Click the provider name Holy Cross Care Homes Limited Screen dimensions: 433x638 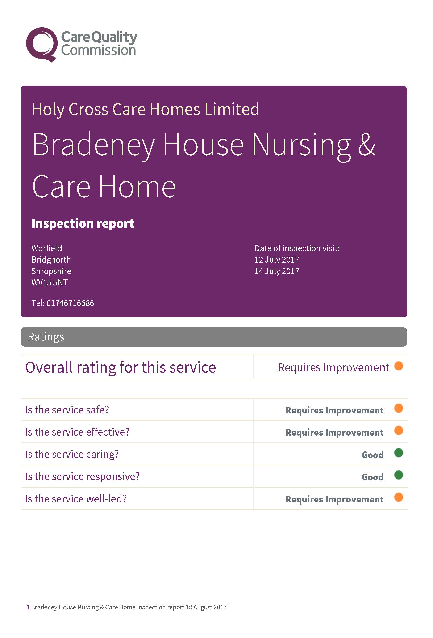coord(145,109)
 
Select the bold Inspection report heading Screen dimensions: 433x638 coord(83,223)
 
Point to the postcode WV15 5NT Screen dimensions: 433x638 coord(49,282)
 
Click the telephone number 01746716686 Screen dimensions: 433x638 coord(70,303)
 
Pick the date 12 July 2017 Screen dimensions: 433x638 coord(277,260)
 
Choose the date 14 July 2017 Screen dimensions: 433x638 coord(277,271)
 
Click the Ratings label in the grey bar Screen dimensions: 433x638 coord(46,337)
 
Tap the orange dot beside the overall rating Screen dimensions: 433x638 coord(398,366)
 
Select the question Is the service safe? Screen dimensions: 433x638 coord(67,410)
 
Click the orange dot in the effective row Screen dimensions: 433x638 coord(398,430)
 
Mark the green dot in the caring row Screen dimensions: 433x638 coord(398,453)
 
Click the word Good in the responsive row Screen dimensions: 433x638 coord(372,477)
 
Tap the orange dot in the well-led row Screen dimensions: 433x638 coord(398,497)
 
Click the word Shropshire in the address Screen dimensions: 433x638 coord(51,271)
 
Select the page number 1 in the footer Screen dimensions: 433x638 coord(28,607)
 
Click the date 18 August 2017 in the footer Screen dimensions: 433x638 coord(206,607)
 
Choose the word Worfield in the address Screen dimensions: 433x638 coord(47,248)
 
